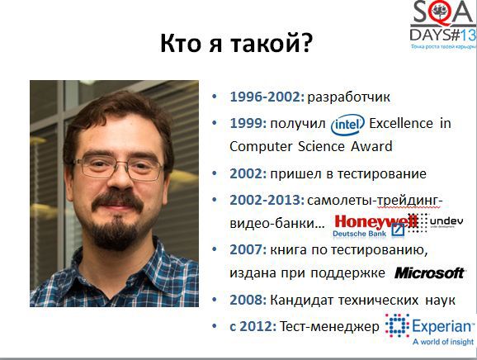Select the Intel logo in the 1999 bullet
click(x=347, y=124)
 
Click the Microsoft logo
click(x=429, y=272)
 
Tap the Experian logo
click(x=430, y=327)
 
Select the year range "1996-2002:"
click(x=267, y=97)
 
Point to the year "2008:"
click(x=246, y=301)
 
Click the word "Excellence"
click(x=400, y=123)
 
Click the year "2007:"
click(x=246, y=250)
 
